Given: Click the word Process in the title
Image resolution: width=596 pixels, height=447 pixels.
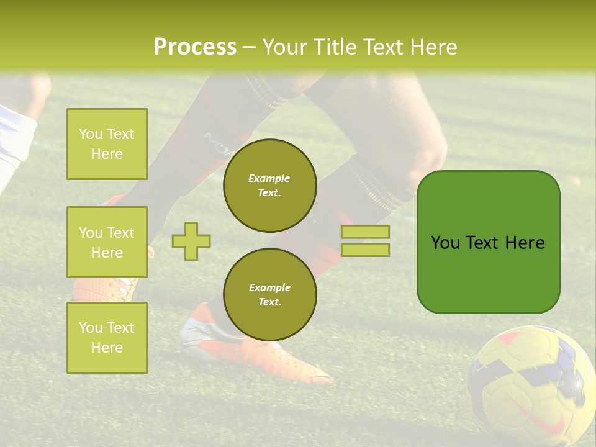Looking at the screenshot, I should [195, 47].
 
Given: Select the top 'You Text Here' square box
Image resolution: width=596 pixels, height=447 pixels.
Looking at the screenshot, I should [107, 144].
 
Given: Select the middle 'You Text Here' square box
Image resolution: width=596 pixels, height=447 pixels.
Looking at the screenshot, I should [107, 242].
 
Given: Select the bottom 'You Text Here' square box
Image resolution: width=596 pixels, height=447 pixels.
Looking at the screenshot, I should [107, 337].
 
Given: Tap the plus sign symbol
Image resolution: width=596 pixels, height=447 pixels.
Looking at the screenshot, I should [191, 241].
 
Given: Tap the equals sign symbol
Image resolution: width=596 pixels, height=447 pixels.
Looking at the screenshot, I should [365, 241].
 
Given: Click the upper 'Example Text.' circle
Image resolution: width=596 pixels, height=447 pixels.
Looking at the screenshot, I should [270, 186].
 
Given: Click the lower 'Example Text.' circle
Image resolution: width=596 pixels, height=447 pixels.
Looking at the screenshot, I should [270, 294].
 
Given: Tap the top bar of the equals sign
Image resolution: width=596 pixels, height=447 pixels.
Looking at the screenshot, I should [365, 232].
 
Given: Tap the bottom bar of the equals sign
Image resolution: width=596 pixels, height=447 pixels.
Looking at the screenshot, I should [365, 250].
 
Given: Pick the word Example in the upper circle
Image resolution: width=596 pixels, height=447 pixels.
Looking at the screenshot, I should [269, 178].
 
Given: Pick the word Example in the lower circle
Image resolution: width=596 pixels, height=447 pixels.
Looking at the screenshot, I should [269, 287].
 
